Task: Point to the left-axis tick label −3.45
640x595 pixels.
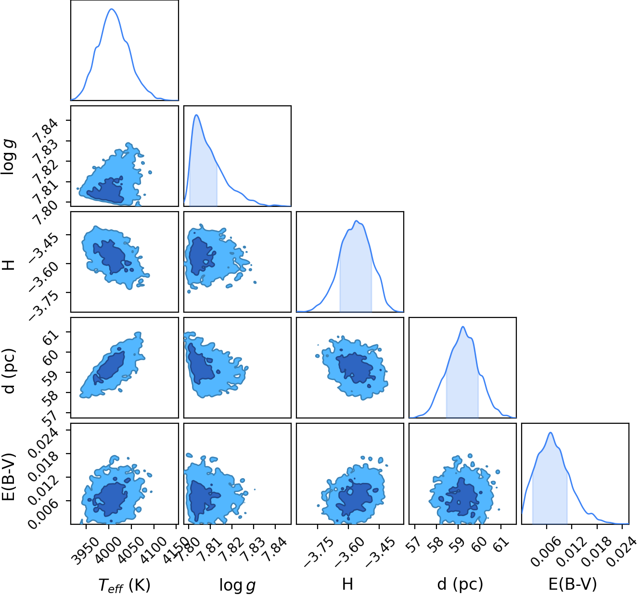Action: [x=44, y=246]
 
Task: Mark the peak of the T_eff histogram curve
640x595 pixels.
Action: [x=112, y=9]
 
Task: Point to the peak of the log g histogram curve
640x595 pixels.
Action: [x=196, y=114]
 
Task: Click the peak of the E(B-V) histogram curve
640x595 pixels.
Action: [x=550, y=432]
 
